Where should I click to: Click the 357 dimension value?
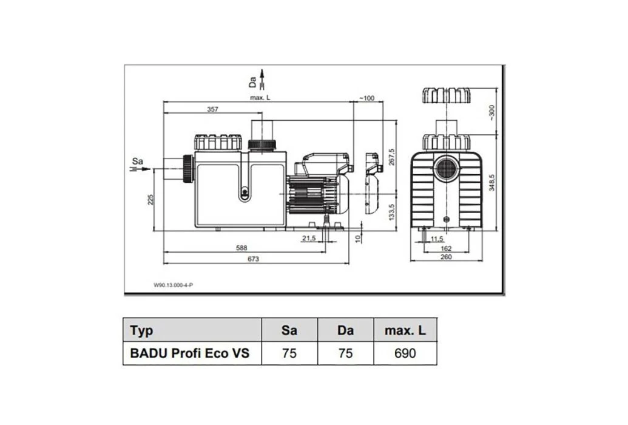(212, 109)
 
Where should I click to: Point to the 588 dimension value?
(241, 248)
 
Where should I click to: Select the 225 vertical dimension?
(151, 199)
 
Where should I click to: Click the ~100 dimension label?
(367, 98)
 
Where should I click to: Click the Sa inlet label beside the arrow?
(138, 161)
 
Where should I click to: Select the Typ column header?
(141, 331)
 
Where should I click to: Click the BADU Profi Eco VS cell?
(189, 353)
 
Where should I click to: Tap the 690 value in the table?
(405, 353)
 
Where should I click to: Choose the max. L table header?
(405, 331)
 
